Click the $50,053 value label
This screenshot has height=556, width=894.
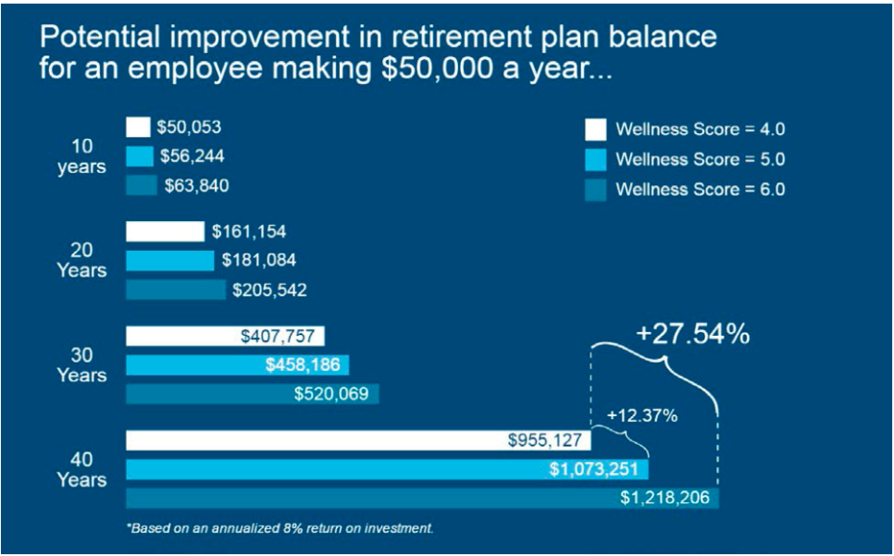(189, 128)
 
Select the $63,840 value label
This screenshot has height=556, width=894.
(196, 186)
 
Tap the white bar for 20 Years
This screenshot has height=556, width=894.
(165, 231)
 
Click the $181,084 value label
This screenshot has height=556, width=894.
(258, 261)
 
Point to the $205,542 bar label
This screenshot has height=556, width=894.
(269, 290)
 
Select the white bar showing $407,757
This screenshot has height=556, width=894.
(225, 336)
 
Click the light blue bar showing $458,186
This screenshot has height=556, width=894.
(237, 364)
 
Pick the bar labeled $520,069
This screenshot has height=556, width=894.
(252, 394)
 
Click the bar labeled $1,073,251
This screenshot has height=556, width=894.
(387, 469)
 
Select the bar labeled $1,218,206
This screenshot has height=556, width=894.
(422, 498)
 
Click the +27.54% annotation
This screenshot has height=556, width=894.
(692, 334)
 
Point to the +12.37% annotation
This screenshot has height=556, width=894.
(642, 415)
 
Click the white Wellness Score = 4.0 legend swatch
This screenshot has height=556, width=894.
(596, 130)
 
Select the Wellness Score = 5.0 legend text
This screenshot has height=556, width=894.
(700, 159)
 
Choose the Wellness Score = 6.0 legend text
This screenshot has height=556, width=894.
(700, 189)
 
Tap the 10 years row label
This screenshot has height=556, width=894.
(81, 157)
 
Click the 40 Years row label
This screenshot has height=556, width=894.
(81, 470)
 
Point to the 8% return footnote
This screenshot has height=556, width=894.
(280, 529)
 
